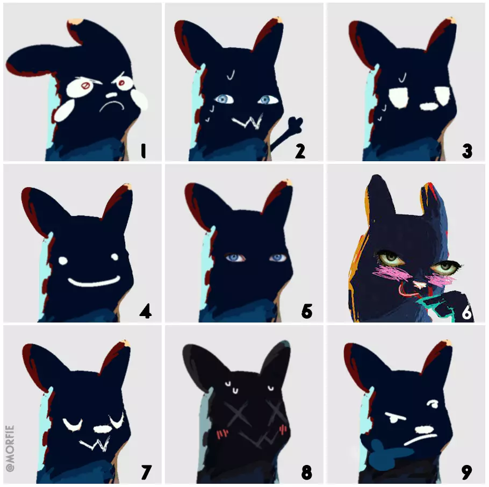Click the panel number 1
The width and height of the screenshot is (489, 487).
(x=143, y=151)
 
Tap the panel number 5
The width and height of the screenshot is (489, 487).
(x=306, y=311)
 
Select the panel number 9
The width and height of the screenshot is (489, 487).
(x=467, y=472)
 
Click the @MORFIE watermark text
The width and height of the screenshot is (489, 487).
(x=10, y=448)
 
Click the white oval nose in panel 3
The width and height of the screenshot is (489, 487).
(x=429, y=106)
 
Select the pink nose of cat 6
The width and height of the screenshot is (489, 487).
(x=419, y=284)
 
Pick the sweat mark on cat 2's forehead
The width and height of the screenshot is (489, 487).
(x=231, y=75)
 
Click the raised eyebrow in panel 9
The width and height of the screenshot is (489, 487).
(x=432, y=404)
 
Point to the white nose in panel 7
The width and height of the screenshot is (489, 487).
(x=102, y=429)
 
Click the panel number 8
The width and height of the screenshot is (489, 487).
(x=306, y=472)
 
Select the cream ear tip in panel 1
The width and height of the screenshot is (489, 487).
(x=75, y=22)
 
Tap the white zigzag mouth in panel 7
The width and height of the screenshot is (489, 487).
(x=96, y=444)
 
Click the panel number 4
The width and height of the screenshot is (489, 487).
(x=146, y=311)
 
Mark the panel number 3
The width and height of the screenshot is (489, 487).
(x=467, y=151)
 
